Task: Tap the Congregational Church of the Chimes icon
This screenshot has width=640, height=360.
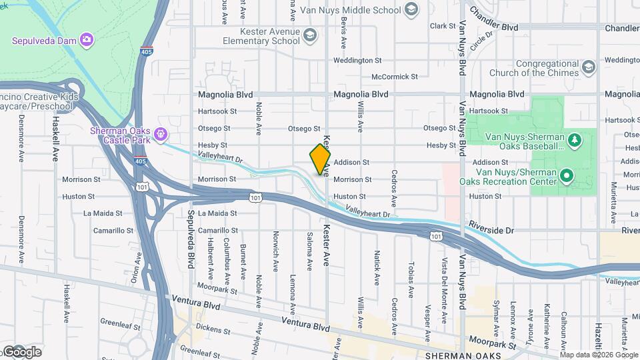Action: point(588,67)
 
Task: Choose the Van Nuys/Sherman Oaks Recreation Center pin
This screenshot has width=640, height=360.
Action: point(567,177)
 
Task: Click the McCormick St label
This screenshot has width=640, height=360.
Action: point(394,77)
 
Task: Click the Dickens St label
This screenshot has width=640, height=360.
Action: point(213,331)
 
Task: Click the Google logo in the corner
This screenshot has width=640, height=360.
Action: point(21,351)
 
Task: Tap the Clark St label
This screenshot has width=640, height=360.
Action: point(442,26)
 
